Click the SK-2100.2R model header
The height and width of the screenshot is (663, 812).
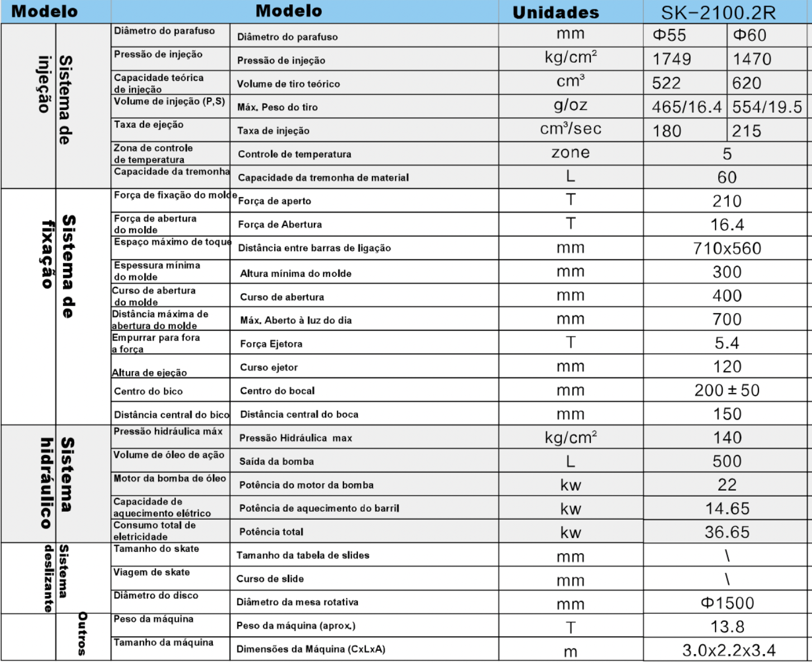tap(726, 12)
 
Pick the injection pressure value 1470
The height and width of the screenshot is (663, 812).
tap(752, 59)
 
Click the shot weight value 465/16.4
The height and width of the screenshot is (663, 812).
tap(686, 107)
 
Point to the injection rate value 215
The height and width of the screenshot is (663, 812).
tap(746, 131)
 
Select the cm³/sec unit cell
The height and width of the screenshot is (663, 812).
tap(570, 129)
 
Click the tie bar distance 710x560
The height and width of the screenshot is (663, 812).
tap(727, 248)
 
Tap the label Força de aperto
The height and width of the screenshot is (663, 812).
tap(274, 201)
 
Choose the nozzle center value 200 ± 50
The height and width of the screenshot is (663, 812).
tap(727, 390)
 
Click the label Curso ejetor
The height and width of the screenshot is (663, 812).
tap(269, 367)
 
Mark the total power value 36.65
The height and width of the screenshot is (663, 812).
tap(727, 532)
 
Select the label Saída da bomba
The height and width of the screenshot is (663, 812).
tap(276, 462)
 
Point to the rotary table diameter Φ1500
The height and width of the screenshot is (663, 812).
tap(727, 603)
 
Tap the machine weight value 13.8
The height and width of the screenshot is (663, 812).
tap(727, 627)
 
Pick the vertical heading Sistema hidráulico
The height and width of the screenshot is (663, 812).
tap(56, 483)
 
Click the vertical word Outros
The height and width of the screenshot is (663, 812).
tap(82, 633)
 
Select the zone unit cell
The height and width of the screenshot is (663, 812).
tap(570, 153)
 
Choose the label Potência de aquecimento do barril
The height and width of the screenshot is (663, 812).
tap(319, 508)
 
